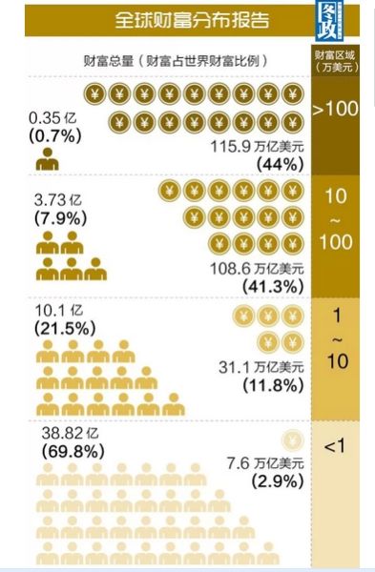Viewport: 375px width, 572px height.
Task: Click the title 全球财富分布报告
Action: click(191, 19)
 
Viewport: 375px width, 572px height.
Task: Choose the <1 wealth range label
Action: click(335, 446)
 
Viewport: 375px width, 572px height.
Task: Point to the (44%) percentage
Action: click(280, 164)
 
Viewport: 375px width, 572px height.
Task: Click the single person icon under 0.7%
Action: click(47, 160)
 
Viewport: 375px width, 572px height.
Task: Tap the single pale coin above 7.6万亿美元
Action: click(293, 440)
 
